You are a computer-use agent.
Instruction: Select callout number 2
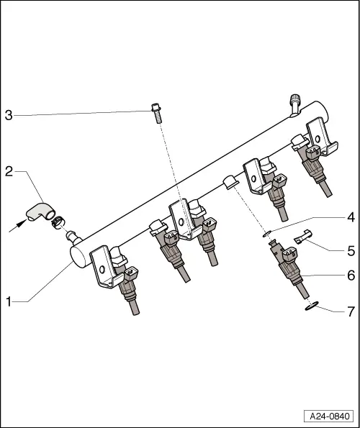pyautogui.click(x=9, y=172)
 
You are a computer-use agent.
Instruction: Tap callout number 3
pyautogui.click(x=9, y=115)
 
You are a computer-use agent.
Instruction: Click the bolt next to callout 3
pyautogui.click(x=156, y=113)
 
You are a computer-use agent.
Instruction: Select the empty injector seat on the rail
pyautogui.click(x=230, y=183)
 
